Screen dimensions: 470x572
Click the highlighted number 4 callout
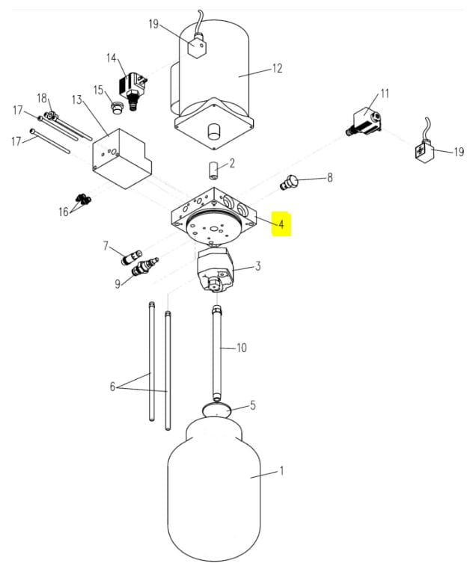tap(281, 224)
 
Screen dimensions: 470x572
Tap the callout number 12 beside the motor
tap(278, 68)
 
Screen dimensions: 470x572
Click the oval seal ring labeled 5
tap(217, 410)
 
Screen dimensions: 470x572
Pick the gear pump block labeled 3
tap(215, 269)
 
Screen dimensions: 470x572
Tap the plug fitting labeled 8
tap(289, 182)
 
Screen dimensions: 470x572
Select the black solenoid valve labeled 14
tap(132, 90)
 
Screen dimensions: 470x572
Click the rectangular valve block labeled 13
tap(121, 159)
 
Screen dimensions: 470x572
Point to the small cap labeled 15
tap(117, 108)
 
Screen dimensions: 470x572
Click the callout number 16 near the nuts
tap(64, 212)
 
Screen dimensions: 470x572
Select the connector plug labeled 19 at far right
tap(424, 150)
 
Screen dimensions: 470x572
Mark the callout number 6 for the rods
tap(112, 387)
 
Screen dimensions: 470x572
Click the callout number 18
tap(42, 98)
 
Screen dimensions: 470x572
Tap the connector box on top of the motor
tap(197, 46)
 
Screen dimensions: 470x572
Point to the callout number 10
tap(242, 348)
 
